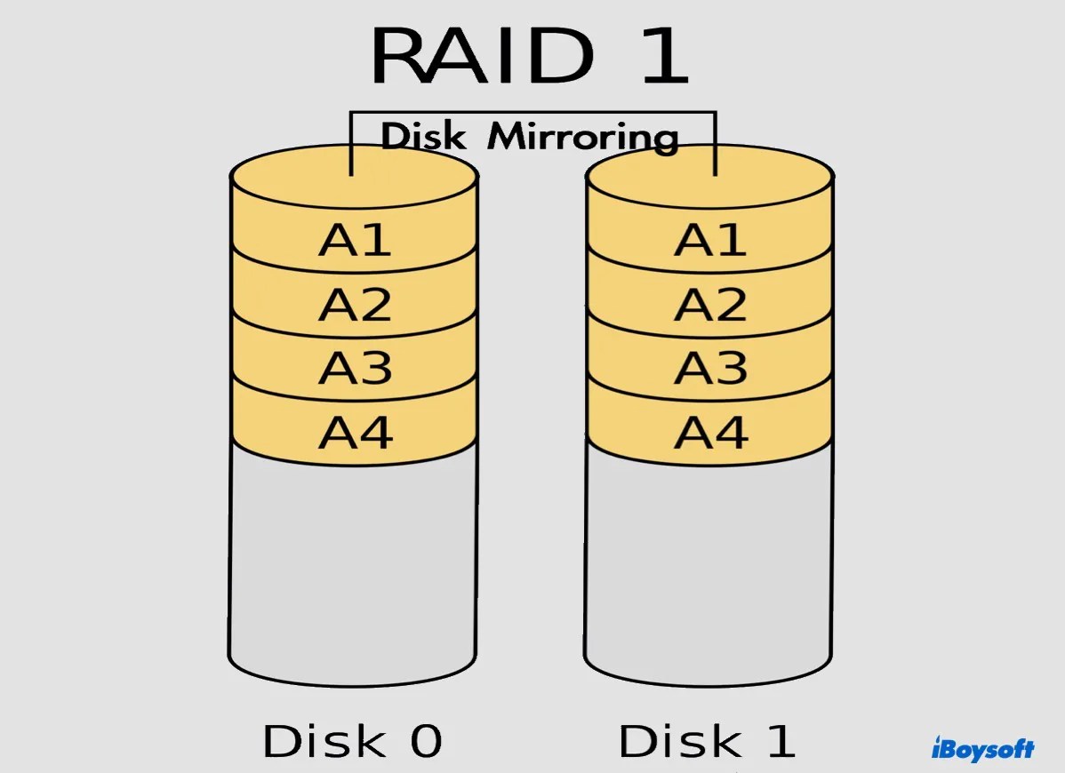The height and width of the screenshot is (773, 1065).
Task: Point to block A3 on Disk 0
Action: point(355,368)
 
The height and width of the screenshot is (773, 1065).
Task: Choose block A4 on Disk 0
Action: point(355,432)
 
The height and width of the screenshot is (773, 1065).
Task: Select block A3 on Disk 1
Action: point(709,368)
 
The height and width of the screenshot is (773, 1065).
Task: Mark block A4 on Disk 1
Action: point(709,432)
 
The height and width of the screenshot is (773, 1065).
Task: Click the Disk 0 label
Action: point(352,741)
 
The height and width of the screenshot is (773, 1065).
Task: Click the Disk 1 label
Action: point(707,741)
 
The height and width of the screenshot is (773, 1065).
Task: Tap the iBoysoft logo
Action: point(982,748)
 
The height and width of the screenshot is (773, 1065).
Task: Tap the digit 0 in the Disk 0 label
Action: point(424,741)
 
